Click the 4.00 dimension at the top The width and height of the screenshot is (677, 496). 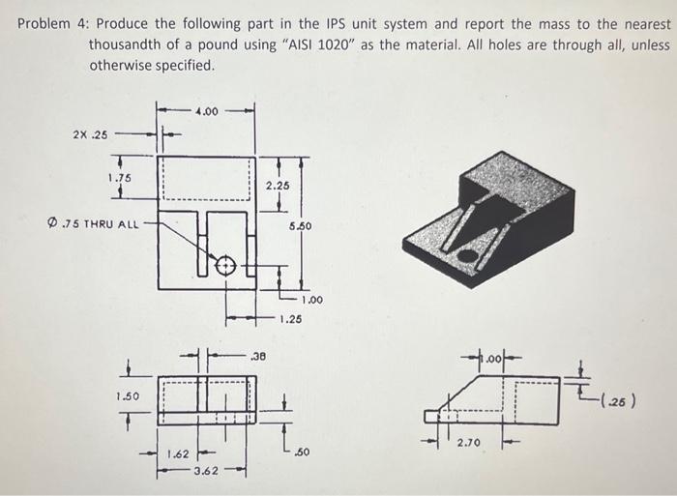[207, 113]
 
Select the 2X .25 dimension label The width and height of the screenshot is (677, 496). [91, 134]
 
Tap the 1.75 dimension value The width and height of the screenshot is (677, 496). [120, 178]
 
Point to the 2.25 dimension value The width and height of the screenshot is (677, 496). [277, 184]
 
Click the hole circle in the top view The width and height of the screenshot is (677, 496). [224, 264]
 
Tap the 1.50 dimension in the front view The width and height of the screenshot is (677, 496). [128, 396]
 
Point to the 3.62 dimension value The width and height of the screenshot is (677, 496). [205, 470]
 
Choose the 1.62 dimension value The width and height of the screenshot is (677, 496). [177, 452]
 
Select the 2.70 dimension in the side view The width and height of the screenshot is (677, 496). [469, 443]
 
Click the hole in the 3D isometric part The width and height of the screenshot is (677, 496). [466, 255]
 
